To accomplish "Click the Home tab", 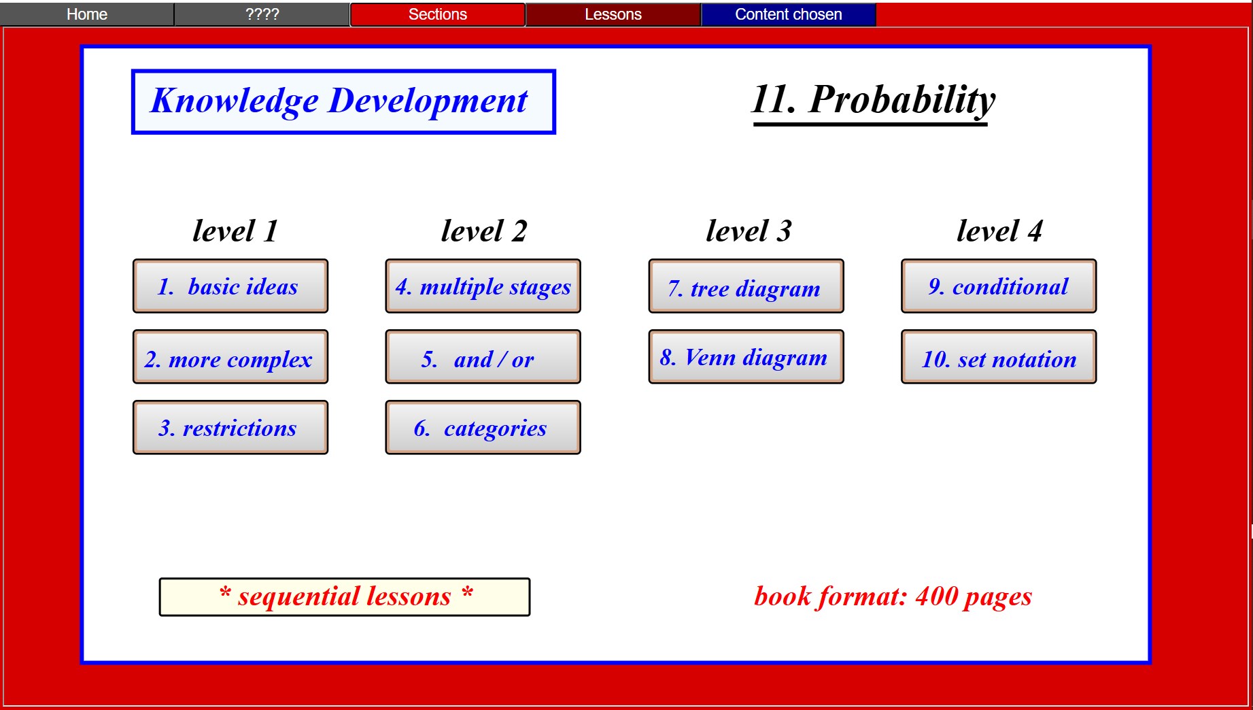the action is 87,14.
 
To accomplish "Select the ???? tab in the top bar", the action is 262,14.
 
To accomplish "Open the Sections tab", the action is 438,14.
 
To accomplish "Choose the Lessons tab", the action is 613,14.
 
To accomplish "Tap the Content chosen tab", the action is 789,14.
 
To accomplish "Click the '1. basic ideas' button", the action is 230,286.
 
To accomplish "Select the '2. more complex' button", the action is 230,357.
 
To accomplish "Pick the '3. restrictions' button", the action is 230,428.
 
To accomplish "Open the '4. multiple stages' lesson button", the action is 483,286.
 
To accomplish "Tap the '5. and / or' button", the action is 483,357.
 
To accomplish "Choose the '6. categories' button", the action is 483,428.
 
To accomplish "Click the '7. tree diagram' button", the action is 746,286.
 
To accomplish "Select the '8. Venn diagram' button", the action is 746,357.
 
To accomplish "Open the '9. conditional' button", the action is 999,286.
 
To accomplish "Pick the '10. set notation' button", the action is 999,357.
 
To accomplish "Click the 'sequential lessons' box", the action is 345,597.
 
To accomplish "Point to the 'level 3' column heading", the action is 749,231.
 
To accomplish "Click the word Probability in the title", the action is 902,101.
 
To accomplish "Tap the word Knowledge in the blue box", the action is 235,101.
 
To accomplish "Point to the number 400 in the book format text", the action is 937,596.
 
